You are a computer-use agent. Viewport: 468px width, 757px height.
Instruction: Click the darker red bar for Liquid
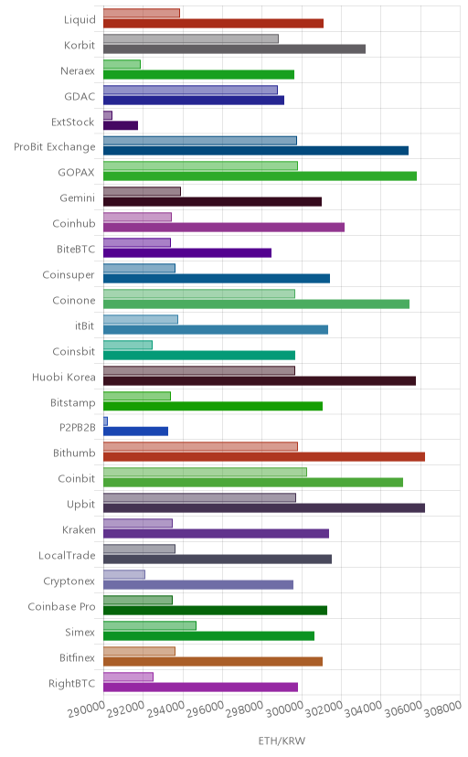[x=213, y=23]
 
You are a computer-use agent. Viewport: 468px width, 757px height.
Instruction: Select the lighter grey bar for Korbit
[x=190, y=38]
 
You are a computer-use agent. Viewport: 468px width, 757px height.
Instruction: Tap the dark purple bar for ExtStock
[x=121, y=125]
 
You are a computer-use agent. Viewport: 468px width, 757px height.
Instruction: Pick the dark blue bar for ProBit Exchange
[x=256, y=151]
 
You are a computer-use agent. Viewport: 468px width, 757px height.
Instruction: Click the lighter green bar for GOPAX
[x=200, y=165]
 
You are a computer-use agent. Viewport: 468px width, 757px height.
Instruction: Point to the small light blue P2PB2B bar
[x=105, y=421]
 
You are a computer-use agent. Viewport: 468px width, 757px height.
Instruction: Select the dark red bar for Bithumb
[x=264, y=457]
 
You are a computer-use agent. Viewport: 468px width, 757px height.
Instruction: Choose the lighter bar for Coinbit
[x=205, y=472]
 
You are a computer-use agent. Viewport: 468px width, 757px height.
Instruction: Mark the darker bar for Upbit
[x=264, y=508]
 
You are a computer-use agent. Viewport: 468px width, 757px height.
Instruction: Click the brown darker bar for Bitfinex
[x=213, y=661]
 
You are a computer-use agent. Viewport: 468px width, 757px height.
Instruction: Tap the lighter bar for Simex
[x=150, y=625]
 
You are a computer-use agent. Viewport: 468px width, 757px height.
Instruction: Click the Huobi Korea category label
[x=64, y=377]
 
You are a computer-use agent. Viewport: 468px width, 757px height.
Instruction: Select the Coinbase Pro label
[x=62, y=607]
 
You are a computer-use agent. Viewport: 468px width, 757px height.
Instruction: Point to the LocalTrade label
[x=67, y=556]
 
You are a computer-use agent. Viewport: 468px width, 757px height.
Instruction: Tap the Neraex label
[x=78, y=71]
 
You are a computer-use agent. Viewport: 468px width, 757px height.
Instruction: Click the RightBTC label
[x=72, y=684]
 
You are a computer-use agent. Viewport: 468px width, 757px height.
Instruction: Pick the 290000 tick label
[x=86, y=709]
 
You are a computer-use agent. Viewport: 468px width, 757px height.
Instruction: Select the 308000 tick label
[x=443, y=709]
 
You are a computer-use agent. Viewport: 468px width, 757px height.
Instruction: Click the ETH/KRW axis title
[x=282, y=741]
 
